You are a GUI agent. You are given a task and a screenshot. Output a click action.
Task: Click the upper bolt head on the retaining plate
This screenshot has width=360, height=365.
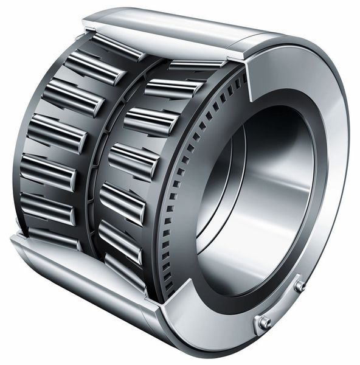[300, 285]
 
